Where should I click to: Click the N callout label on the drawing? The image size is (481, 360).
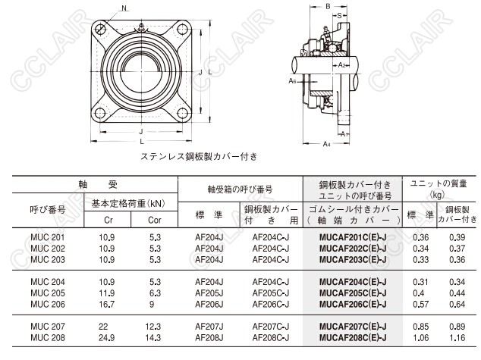[x=124, y=8]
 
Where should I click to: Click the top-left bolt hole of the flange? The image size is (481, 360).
[x=100, y=29]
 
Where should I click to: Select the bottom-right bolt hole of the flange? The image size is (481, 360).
[x=183, y=113]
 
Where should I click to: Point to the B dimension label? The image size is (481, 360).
[x=328, y=6]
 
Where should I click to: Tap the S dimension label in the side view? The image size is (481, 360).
[x=339, y=16]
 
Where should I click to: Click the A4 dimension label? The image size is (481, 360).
[x=327, y=144]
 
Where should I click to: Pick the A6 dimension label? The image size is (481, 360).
[x=292, y=81]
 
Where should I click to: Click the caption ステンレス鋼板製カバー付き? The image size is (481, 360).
[x=199, y=157]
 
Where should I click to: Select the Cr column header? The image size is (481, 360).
[x=108, y=220]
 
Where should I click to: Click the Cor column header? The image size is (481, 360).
[x=154, y=220]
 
